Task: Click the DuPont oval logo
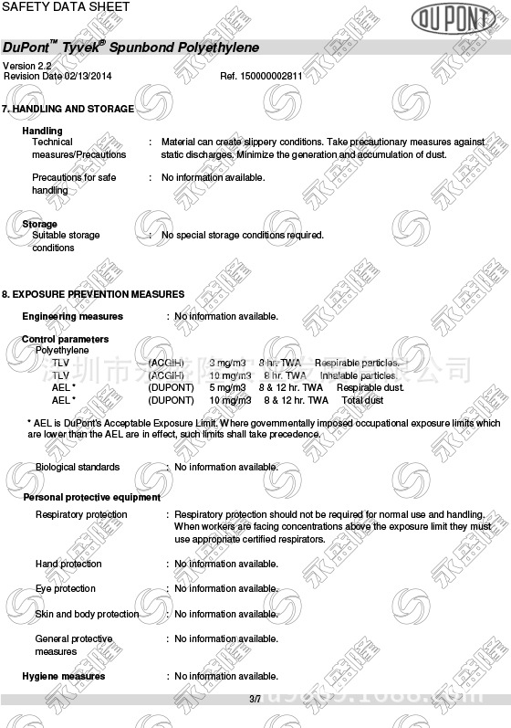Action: click(x=453, y=17)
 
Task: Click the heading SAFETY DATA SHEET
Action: click(x=66, y=7)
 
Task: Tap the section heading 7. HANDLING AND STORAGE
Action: click(x=68, y=109)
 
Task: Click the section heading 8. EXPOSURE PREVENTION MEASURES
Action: click(x=93, y=294)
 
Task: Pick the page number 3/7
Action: click(x=255, y=699)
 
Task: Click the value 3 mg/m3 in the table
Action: click(x=227, y=364)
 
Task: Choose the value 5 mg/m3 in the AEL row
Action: click(x=227, y=387)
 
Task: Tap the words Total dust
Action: click(x=362, y=400)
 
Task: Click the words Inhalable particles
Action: click(x=358, y=375)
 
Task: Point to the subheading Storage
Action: click(x=39, y=224)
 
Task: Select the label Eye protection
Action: click(x=65, y=589)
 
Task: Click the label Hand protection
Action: click(x=68, y=564)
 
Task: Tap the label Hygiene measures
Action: click(x=63, y=677)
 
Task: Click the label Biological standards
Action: click(x=78, y=468)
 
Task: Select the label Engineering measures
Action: click(x=72, y=317)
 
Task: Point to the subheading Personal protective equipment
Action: click(x=91, y=498)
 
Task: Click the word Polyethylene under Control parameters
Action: click(x=62, y=351)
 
